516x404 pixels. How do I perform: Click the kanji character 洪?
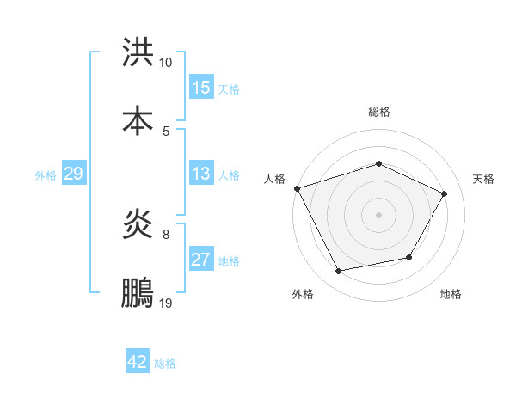click(138, 53)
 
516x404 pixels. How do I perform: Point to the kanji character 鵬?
click(138, 293)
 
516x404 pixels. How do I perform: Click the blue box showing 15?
click(201, 88)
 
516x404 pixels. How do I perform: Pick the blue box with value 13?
click(201, 174)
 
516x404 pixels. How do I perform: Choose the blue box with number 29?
click(73, 174)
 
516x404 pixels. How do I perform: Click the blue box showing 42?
click(138, 362)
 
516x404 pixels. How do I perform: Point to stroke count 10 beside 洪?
click(166, 63)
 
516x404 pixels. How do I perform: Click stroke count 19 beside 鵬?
click(166, 303)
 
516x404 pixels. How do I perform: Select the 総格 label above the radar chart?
click(379, 112)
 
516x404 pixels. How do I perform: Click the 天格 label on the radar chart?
click(484, 179)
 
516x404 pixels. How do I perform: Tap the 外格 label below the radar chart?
click(303, 295)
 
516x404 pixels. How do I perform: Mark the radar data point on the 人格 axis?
click(297, 188)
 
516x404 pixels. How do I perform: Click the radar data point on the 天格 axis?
click(444, 194)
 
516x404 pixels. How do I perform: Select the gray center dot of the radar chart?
click(379, 214)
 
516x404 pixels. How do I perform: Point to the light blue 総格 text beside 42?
click(166, 364)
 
